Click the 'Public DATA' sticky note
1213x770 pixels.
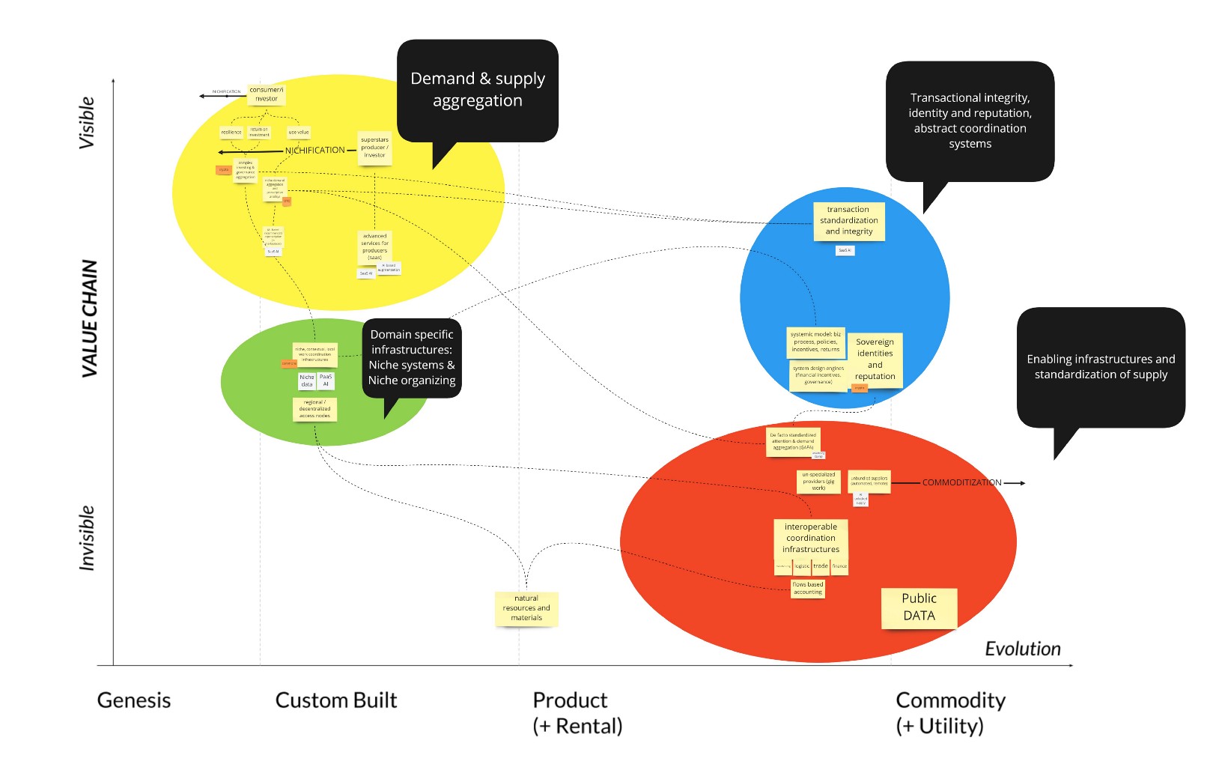pos(919,607)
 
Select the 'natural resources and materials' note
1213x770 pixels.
pos(526,608)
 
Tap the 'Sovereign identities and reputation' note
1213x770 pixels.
pos(875,360)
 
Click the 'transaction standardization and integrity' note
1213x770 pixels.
pos(848,221)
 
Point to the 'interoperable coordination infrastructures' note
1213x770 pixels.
pos(811,539)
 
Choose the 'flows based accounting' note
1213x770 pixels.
pos(807,589)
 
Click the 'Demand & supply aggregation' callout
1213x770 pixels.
pos(478,90)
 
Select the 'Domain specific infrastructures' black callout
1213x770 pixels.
pos(412,358)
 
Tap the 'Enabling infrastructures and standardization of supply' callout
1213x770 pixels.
pos(1100,367)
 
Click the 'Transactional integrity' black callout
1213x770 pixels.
pos(970,121)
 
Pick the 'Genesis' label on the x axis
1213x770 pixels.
pos(134,700)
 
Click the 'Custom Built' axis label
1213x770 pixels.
pos(336,700)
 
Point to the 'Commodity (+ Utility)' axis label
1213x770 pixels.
pos(950,712)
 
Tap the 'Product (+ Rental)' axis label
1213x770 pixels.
pos(577,712)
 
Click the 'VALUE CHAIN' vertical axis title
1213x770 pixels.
pos(90,318)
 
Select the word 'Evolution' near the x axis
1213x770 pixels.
pos(1022,649)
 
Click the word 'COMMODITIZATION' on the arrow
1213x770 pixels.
pos(961,482)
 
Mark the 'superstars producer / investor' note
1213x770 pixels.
pos(374,148)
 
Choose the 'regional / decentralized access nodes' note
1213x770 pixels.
pos(314,409)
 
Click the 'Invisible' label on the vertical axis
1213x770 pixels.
pos(88,538)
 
